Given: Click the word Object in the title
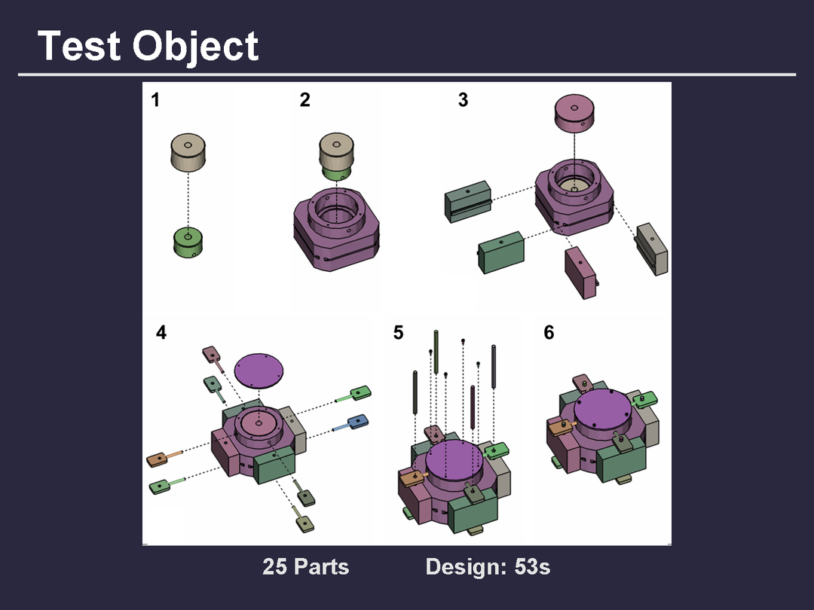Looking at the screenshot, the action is click(195, 47).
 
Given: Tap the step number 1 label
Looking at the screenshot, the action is click(155, 99).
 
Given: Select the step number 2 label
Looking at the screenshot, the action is click(304, 99).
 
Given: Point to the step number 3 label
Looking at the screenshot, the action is click(463, 99).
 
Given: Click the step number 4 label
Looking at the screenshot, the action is click(161, 332).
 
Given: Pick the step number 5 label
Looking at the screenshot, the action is click(398, 332).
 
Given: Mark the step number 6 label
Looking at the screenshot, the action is click(549, 332).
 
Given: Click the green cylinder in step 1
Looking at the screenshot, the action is click(188, 242).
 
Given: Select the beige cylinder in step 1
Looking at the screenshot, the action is click(188, 152).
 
